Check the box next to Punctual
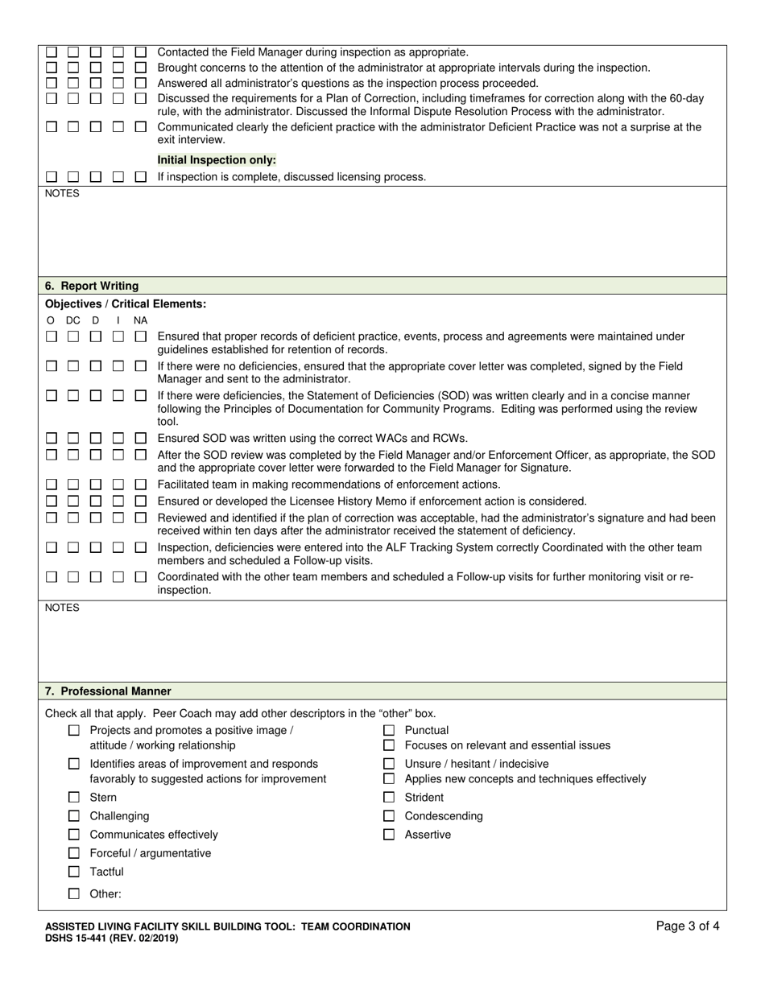[x=389, y=730]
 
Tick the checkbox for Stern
[x=74, y=797]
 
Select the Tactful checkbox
[x=74, y=872]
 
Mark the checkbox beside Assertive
[x=389, y=835]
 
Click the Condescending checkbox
[x=389, y=816]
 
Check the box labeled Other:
[x=74, y=893]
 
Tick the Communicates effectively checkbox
[x=74, y=835]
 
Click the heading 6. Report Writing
[x=92, y=286]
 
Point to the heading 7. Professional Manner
[x=108, y=691]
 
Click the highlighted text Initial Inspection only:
[x=217, y=160]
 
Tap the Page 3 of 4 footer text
[x=688, y=926]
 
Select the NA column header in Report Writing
[x=140, y=320]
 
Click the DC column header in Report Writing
[x=73, y=320]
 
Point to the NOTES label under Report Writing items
[x=62, y=608]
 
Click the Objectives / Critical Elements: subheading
[x=126, y=303]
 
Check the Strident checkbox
[x=389, y=797]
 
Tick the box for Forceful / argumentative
[x=74, y=853]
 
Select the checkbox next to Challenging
[x=74, y=816]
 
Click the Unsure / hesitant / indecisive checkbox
[x=389, y=764]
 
